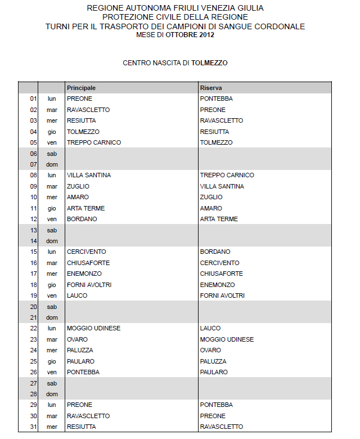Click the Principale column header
pos(81,88)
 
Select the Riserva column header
pos(210,88)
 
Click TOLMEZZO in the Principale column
pos(83,132)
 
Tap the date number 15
pos(33,252)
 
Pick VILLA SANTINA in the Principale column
pos(89,175)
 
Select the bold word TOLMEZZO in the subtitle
pos(209,63)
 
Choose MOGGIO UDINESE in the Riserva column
pos(227,339)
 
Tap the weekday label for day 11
pos(52,208)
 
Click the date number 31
pos(33,427)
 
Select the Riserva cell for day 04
pos(214,132)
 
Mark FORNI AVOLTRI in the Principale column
pos(89,285)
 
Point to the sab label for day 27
pos(52,383)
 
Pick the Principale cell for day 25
pos(80,361)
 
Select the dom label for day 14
pos(52,241)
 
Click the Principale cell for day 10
pos(78,197)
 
